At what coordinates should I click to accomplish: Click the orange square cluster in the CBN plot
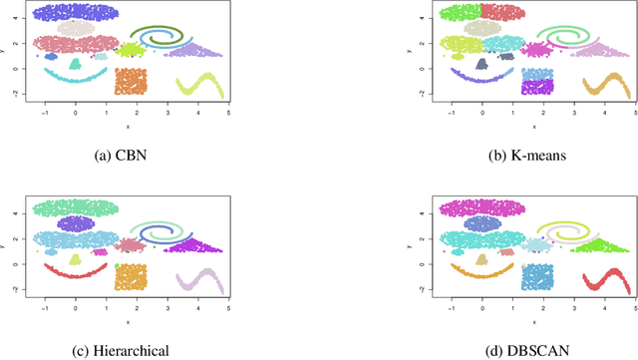tap(131, 81)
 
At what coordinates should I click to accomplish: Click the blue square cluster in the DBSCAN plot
tap(537, 275)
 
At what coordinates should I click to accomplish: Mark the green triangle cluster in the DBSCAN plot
tap(601, 244)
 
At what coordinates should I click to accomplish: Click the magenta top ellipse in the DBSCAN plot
tap(481, 208)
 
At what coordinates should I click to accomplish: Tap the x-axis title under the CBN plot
tap(129, 126)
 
